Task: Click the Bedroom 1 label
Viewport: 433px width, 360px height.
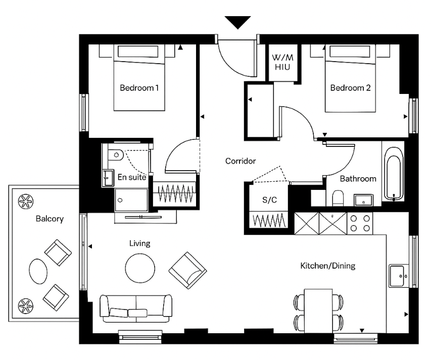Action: pos(139,88)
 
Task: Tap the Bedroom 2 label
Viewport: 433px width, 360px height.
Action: pos(350,88)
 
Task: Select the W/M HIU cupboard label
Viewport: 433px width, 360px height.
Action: pos(282,62)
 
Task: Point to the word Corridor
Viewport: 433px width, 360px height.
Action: pos(240,161)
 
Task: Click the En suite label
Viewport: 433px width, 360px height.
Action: pos(132,177)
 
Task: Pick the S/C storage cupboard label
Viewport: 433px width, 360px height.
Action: pos(269,200)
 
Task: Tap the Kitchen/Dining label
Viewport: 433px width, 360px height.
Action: pos(328,266)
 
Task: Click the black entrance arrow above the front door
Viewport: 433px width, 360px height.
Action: pos(238,23)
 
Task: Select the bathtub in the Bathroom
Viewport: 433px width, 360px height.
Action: pos(394,174)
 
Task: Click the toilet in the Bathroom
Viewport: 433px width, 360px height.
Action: pos(338,198)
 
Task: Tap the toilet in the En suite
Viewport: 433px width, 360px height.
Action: pos(115,155)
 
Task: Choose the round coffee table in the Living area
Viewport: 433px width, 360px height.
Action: pos(140,268)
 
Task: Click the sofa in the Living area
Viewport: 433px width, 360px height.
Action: pos(136,308)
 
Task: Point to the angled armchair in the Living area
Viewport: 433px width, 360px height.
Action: pos(188,270)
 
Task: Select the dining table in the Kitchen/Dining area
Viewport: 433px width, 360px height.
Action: pos(318,311)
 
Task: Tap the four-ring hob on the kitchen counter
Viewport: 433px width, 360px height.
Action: pos(360,223)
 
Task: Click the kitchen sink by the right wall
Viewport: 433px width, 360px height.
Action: pos(399,276)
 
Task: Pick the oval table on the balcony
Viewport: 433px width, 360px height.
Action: pos(38,271)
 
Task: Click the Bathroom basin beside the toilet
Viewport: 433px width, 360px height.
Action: pos(363,200)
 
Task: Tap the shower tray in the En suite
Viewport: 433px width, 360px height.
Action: pos(131,200)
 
